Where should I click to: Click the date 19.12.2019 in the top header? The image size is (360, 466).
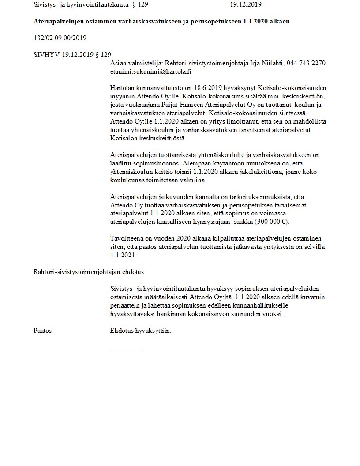click(246, 5)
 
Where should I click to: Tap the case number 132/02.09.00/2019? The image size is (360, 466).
click(60, 38)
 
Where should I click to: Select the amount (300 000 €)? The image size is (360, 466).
click(270, 222)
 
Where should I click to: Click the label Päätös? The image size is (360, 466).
click(42, 330)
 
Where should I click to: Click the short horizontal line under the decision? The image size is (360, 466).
click(126, 350)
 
